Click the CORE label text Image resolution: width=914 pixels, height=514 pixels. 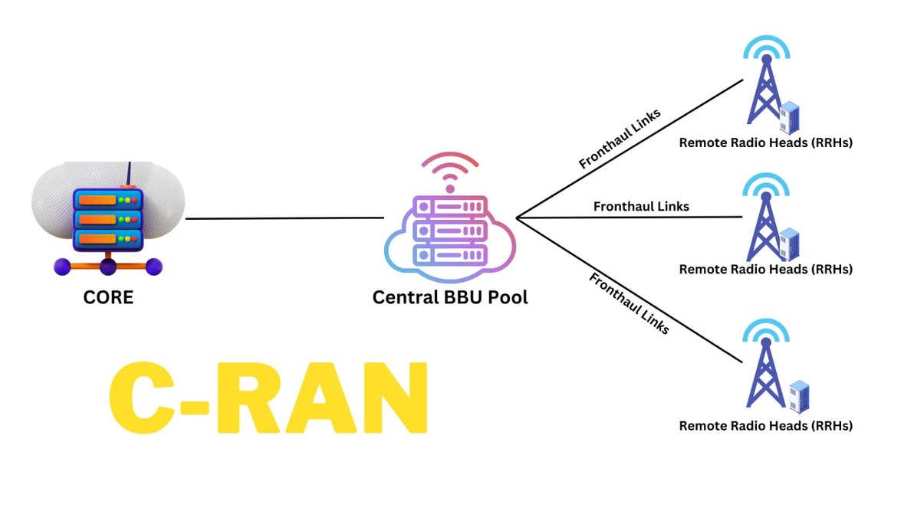point(108,297)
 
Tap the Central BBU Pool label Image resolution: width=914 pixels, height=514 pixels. point(450,297)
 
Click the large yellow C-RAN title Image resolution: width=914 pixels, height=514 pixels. point(268,398)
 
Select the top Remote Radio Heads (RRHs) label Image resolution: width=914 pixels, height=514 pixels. point(765,142)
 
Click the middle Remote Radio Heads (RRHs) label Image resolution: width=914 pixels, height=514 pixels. point(765,269)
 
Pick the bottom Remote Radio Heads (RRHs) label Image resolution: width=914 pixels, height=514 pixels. point(765,425)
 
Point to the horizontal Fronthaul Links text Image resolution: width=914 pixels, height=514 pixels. point(641,206)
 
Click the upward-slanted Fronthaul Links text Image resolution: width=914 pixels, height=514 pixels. point(620,139)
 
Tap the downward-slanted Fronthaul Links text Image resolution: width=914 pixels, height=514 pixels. point(629,303)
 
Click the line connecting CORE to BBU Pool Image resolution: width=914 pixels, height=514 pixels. point(284,218)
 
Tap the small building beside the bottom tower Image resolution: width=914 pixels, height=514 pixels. point(799,396)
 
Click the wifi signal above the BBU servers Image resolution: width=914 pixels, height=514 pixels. point(450,172)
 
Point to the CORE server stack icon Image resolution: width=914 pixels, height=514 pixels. point(108,219)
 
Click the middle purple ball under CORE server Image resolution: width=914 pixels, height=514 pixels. point(108,267)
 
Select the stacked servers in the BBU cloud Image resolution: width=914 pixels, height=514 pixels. point(450,231)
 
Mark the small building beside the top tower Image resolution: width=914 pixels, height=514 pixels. point(789,118)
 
